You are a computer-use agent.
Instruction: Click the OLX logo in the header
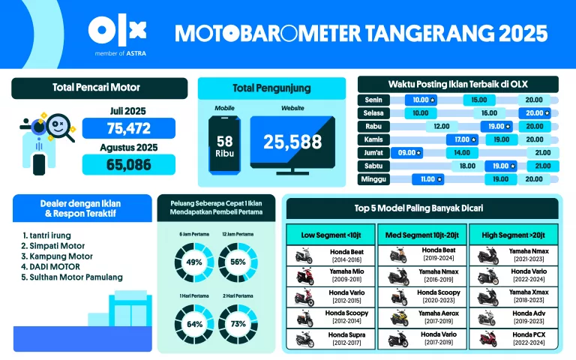click(117, 31)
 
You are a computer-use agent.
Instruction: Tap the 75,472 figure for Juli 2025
click(128, 128)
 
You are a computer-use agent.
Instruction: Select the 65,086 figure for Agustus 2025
click(128, 164)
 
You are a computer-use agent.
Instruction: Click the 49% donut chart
click(194, 262)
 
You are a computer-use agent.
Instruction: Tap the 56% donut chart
click(238, 262)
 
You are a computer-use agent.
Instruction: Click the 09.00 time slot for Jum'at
click(409, 152)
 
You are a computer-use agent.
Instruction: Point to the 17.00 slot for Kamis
click(462, 139)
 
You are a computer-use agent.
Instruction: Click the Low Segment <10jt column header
click(330, 234)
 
